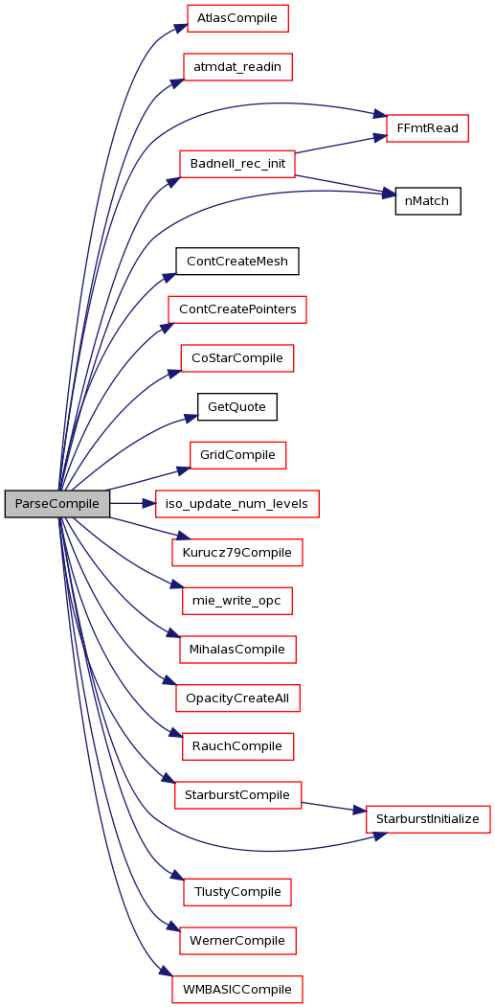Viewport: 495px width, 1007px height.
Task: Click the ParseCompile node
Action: point(56,504)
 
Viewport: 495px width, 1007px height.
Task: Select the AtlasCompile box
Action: point(236,18)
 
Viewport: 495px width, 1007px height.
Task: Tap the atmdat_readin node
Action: point(237,67)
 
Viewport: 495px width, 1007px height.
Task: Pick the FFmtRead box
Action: point(427,127)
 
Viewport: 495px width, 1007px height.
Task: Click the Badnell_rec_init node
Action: point(236,164)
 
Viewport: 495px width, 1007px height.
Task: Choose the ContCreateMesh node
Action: point(236,261)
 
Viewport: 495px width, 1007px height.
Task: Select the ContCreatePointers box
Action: point(236,309)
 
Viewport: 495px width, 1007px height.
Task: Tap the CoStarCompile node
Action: point(236,357)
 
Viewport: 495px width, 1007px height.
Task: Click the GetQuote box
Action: point(236,406)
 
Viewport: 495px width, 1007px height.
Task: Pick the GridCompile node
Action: point(236,455)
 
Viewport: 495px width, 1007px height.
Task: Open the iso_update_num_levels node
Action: point(237,504)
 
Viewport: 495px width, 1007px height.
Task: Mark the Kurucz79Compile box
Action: point(236,552)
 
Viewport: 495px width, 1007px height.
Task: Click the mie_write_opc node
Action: point(236,601)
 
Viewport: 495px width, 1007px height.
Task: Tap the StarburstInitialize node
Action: point(428,819)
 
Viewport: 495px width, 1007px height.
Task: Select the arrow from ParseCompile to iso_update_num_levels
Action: point(133,504)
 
